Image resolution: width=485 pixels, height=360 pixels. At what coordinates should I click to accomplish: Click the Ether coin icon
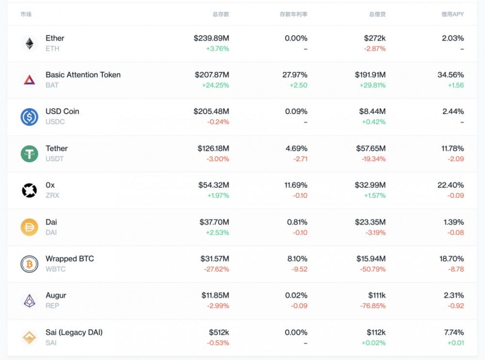(x=29, y=44)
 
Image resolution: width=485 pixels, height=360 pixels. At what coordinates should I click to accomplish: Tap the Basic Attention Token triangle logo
(x=29, y=80)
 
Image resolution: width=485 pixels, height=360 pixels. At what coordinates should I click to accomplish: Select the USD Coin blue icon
(x=29, y=117)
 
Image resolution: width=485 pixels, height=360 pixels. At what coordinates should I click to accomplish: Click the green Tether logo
(x=29, y=154)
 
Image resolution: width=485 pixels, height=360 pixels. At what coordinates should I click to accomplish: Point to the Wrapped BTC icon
(x=29, y=264)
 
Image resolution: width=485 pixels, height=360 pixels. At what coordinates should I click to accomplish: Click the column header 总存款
(x=221, y=15)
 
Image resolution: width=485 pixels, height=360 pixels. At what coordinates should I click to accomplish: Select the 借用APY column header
(x=453, y=15)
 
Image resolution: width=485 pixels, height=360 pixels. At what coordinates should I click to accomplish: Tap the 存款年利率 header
(x=293, y=15)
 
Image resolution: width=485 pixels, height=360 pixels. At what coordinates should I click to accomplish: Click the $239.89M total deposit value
(x=211, y=38)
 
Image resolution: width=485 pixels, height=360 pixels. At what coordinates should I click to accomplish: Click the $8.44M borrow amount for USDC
(x=372, y=112)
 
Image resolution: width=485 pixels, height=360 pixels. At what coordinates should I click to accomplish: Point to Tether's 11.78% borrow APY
(x=453, y=148)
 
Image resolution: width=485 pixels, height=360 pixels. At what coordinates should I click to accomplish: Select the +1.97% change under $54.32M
(x=218, y=196)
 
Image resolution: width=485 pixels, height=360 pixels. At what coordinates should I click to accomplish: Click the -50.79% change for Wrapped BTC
(x=373, y=269)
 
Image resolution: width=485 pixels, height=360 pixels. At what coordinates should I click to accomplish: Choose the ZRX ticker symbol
(x=52, y=196)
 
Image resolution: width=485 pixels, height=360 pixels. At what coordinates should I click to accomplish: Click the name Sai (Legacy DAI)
(x=74, y=332)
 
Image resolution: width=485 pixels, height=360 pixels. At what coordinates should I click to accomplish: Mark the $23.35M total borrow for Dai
(x=370, y=222)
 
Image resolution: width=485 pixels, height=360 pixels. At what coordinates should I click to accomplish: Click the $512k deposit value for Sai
(x=219, y=332)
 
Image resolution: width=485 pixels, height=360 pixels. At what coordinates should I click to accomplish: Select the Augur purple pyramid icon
(x=29, y=301)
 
